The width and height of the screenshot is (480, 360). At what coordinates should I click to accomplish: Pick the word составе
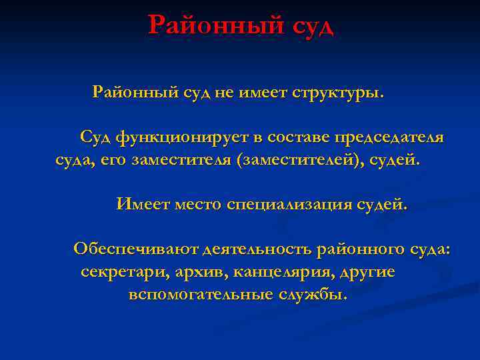pyautogui.click(x=296, y=137)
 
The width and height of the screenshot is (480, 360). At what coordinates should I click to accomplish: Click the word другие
pyautogui.click(x=367, y=272)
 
